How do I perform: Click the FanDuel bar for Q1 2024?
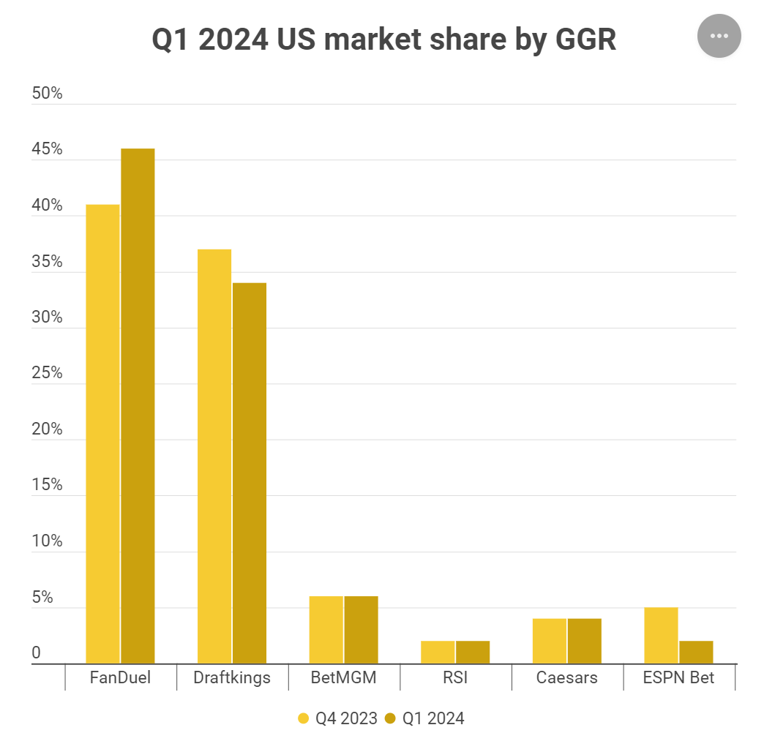tap(138, 406)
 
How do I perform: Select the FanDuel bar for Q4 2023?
tap(102, 434)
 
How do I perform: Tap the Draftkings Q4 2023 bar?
tap(214, 456)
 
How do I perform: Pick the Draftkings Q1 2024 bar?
tap(250, 473)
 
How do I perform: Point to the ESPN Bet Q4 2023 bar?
tap(661, 635)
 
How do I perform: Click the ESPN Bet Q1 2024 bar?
tap(696, 652)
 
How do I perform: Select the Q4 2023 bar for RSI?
tap(438, 652)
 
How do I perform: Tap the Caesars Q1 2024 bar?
tap(584, 641)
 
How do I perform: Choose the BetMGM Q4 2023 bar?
tap(326, 630)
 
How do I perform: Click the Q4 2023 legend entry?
tap(338, 718)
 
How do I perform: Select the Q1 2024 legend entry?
tap(425, 718)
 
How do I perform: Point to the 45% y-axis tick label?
tap(47, 150)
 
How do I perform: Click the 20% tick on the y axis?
tap(47, 429)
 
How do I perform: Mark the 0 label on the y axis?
tap(36, 653)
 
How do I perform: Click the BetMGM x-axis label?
tap(344, 677)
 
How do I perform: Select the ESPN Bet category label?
tap(678, 677)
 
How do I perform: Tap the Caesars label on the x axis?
tap(566, 677)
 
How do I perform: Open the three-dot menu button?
tap(719, 35)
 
